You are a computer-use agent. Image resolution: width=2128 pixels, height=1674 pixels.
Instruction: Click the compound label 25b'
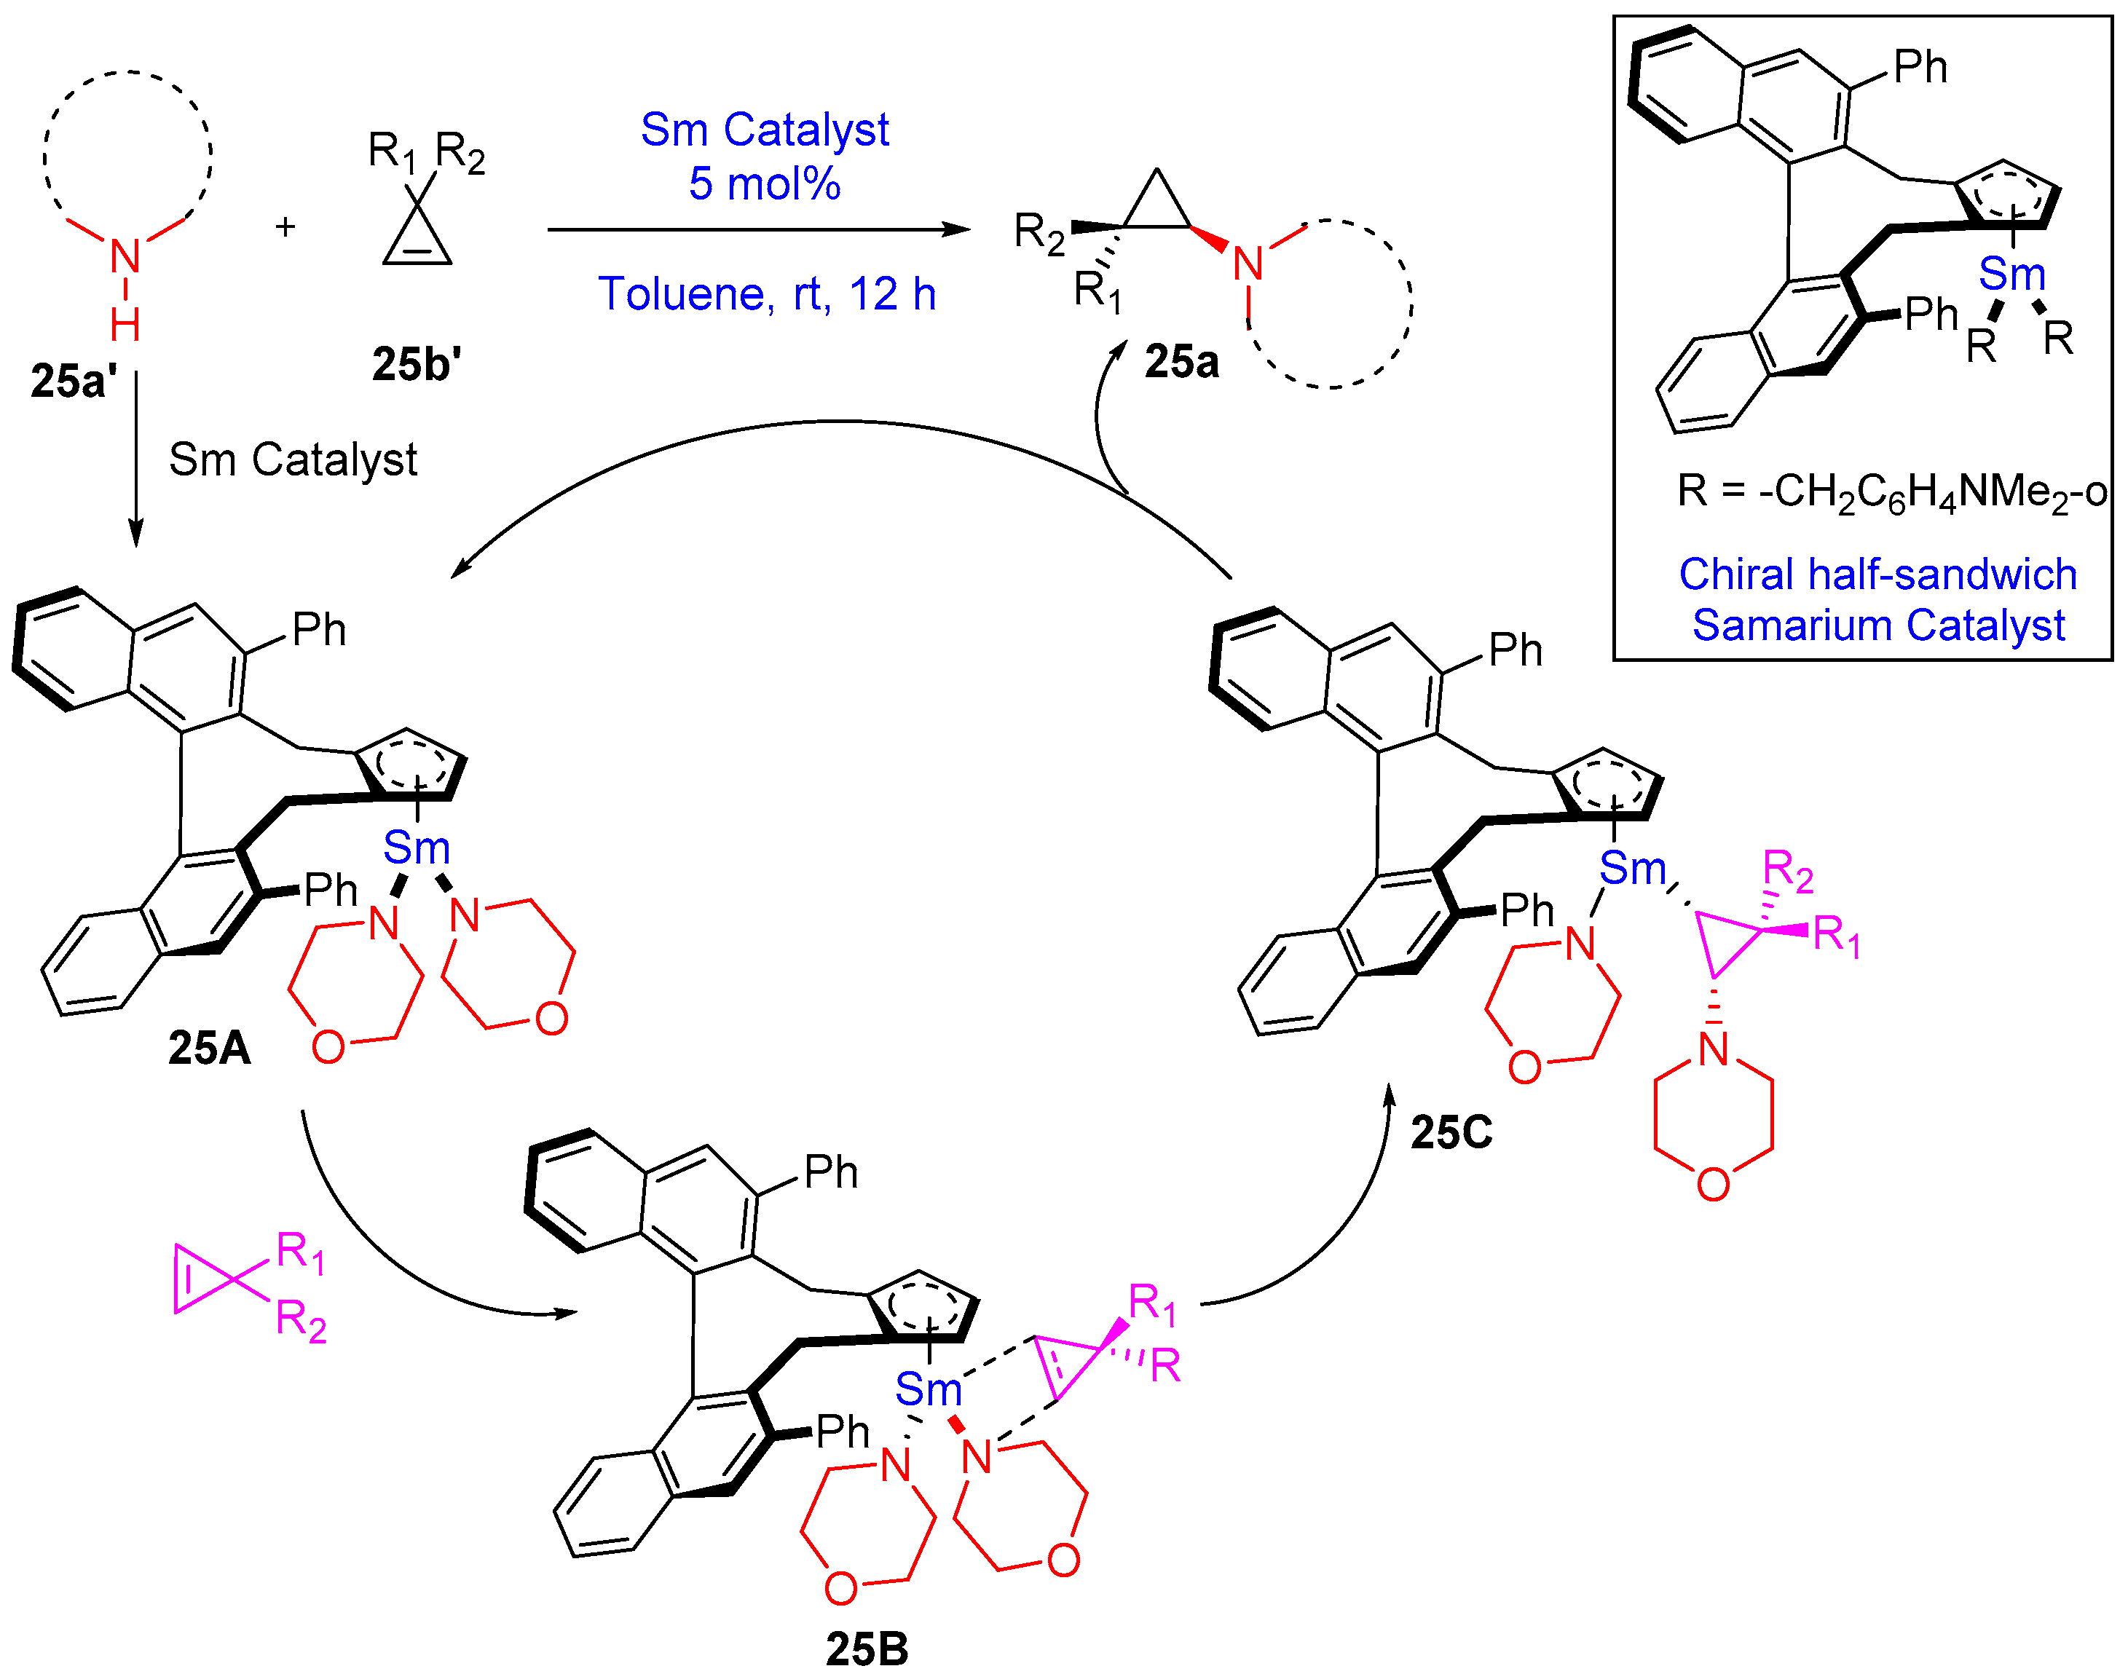(x=416, y=365)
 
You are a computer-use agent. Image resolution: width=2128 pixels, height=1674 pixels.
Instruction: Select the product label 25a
(x=1181, y=363)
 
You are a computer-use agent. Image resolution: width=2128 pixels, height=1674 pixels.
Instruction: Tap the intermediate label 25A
(x=209, y=1049)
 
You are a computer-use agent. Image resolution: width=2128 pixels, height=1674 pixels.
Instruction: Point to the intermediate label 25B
(x=867, y=1649)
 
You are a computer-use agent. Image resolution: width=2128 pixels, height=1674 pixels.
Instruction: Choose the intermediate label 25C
(x=1451, y=1133)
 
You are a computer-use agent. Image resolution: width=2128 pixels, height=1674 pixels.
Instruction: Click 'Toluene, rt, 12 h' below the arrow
(x=767, y=294)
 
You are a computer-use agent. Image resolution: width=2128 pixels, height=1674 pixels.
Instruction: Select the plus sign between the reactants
(x=285, y=227)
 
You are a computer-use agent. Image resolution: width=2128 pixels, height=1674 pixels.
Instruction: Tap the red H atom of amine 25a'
(x=125, y=325)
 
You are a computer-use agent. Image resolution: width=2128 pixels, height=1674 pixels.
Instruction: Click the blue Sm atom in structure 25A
(x=416, y=848)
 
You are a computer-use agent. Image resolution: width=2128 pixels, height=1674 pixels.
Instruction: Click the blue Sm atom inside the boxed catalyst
(x=2011, y=275)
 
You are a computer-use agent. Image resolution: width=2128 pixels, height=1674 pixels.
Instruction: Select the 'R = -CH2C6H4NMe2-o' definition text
(x=1891, y=491)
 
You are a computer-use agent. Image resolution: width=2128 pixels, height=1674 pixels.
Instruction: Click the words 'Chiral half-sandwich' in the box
(x=1877, y=575)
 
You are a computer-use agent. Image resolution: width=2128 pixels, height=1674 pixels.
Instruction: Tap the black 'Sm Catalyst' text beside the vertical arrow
(x=292, y=459)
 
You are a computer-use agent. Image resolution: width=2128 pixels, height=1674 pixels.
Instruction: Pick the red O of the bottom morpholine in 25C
(x=1712, y=1184)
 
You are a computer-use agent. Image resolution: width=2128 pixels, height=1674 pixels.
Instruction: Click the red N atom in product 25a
(x=1247, y=264)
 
